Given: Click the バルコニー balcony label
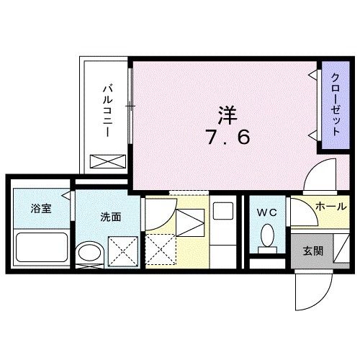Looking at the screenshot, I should click(107, 112).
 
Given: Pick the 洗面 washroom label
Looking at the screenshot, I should click(109, 215).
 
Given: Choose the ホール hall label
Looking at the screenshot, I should click(330, 207).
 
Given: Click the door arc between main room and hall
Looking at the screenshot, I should click(318, 176).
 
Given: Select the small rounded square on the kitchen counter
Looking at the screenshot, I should click(223, 212).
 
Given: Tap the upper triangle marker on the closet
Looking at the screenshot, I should click(312, 75).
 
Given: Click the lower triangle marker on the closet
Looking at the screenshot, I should click(312, 135).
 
